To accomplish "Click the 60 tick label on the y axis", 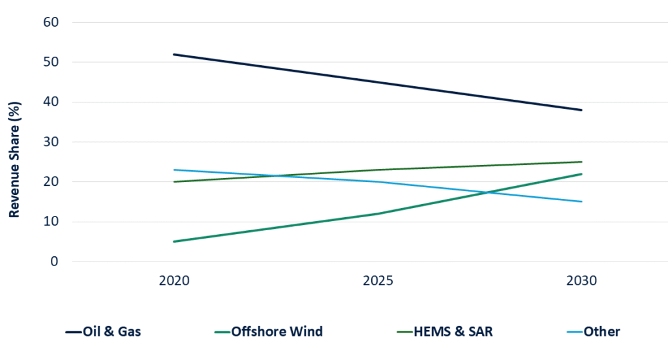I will coord(51,22).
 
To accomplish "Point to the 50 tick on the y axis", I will coord(51,62).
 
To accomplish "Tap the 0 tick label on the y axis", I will coord(55,262).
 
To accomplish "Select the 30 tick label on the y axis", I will coord(51,142).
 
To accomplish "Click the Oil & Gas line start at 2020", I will coord(174,54).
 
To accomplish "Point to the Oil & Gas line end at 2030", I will coord(581,110).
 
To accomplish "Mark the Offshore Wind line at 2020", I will coord(174,241).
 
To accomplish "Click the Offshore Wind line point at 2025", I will coord(378,213).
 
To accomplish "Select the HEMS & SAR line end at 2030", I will coord(581,162).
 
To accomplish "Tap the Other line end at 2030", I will coord(581,202).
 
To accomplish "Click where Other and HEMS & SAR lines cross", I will coord(276,175).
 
